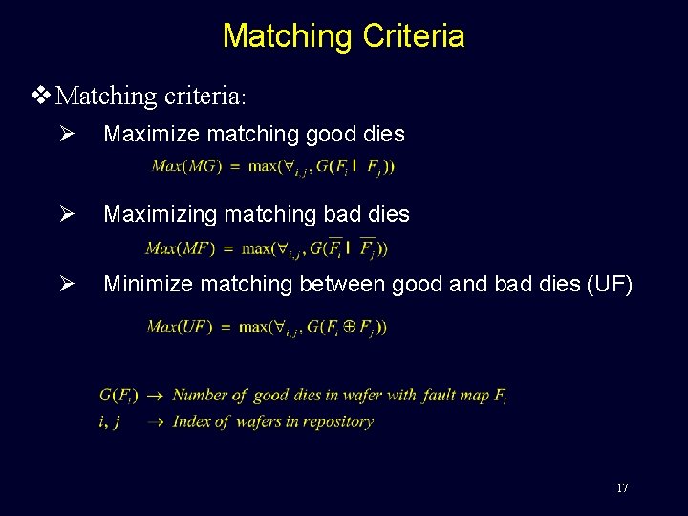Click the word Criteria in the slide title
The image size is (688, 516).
point(414,36)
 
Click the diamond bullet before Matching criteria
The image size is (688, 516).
point(39,96)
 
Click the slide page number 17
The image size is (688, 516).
point(622,488)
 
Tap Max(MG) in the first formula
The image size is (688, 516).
point(182,166)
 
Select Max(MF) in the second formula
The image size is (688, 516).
point(179,248)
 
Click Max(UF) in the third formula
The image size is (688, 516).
point(180,327)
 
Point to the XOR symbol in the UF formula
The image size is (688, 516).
point(350,327)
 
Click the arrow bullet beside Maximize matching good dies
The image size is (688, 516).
point(64,135)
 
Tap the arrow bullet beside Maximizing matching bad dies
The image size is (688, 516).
point(64,214)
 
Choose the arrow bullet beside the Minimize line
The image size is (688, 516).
point(64,284)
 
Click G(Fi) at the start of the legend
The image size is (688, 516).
point(118,395)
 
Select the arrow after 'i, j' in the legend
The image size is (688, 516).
point(155,421)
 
